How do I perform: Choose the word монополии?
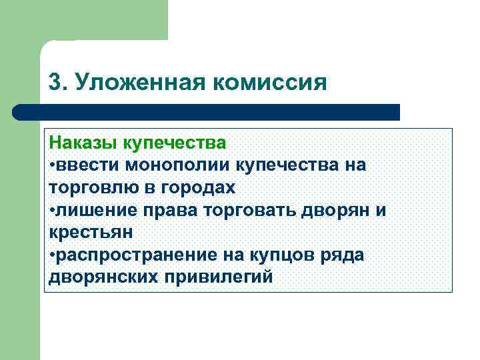coord(174,165)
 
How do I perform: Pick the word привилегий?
coord(221,277)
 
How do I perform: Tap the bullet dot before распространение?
coord(52,255)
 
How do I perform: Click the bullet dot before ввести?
coord(52,165)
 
